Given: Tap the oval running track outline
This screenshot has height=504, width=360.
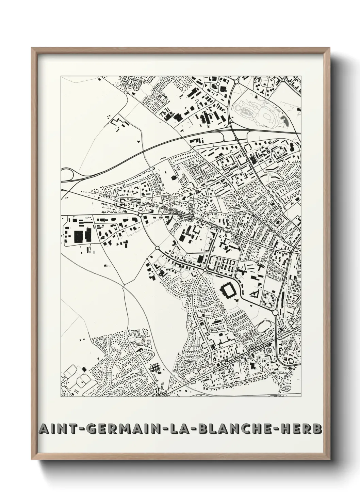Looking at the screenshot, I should (263, 327).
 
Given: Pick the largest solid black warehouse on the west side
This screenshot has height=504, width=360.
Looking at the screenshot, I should (78, 236).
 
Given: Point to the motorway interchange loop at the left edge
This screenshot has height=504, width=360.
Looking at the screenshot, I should (68, 174).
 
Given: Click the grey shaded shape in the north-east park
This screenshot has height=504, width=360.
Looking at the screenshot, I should (283, 119).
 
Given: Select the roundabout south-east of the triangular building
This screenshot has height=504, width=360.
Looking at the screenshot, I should (275, 312).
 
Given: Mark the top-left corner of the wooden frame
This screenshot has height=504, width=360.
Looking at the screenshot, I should (32, 48).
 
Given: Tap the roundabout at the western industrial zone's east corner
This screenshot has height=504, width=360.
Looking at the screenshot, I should (140, 215).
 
